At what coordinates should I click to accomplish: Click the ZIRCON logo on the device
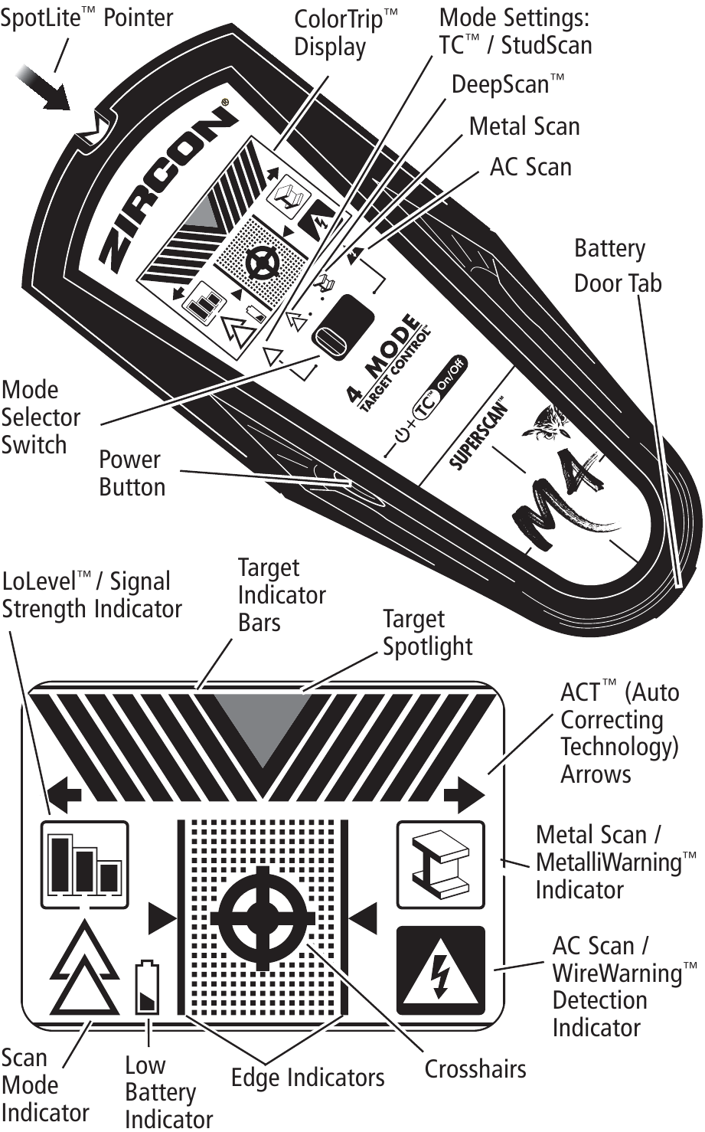pos(167,188)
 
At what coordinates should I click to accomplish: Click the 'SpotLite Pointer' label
pos(86,17)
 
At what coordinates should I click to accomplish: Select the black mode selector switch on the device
pos(342,324)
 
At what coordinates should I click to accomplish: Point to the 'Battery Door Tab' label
pos(617,266)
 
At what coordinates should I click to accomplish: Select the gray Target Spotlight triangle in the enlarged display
pos(263,724)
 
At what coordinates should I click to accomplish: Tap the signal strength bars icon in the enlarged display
pos(84,864)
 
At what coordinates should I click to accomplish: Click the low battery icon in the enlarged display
pos(147,988)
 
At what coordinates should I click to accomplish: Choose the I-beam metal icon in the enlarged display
pos(440,864)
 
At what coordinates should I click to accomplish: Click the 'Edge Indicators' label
pos(308,1078)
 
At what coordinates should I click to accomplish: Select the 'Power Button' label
pos(131,473)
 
